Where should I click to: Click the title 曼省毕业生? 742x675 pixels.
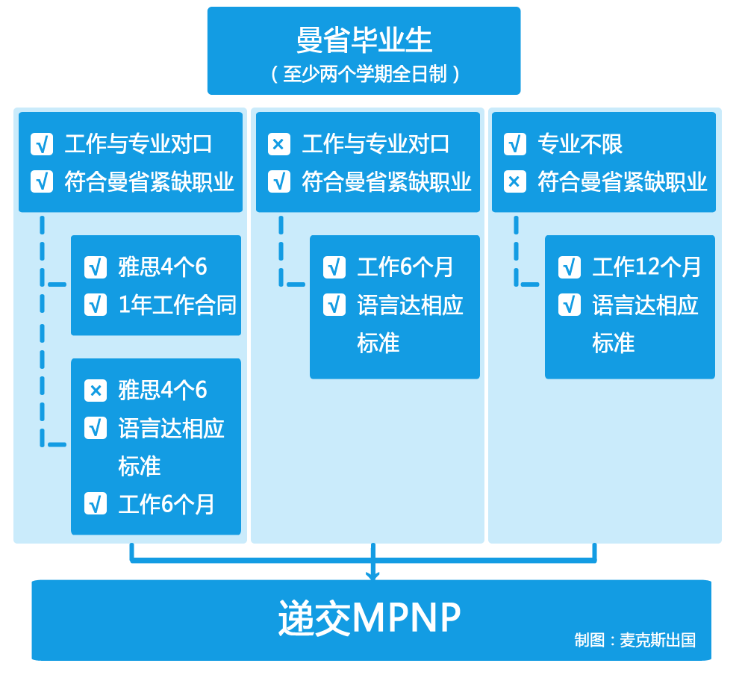364,40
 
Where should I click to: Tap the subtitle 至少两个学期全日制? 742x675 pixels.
364,74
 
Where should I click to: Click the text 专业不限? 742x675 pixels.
580,144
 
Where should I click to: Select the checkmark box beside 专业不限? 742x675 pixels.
515,144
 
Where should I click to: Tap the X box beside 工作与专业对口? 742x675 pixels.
278,144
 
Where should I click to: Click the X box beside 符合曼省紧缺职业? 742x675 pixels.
515,181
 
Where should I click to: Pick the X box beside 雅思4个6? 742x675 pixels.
96,391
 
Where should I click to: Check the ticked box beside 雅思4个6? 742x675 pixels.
96,267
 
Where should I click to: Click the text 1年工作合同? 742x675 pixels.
177,305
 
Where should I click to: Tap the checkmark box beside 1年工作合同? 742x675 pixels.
96,305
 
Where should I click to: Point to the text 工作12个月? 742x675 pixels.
646,267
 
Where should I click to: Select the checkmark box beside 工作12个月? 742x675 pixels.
570,267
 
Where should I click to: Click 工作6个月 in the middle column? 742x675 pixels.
405,267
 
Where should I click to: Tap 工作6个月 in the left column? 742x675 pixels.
166,504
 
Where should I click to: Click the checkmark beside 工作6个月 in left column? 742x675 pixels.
96,504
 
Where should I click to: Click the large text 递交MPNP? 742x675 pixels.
370,618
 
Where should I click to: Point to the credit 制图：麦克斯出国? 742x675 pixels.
635,640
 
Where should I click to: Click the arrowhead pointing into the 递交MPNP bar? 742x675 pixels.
372,574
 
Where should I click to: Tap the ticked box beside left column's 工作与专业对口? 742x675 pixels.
42,144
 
